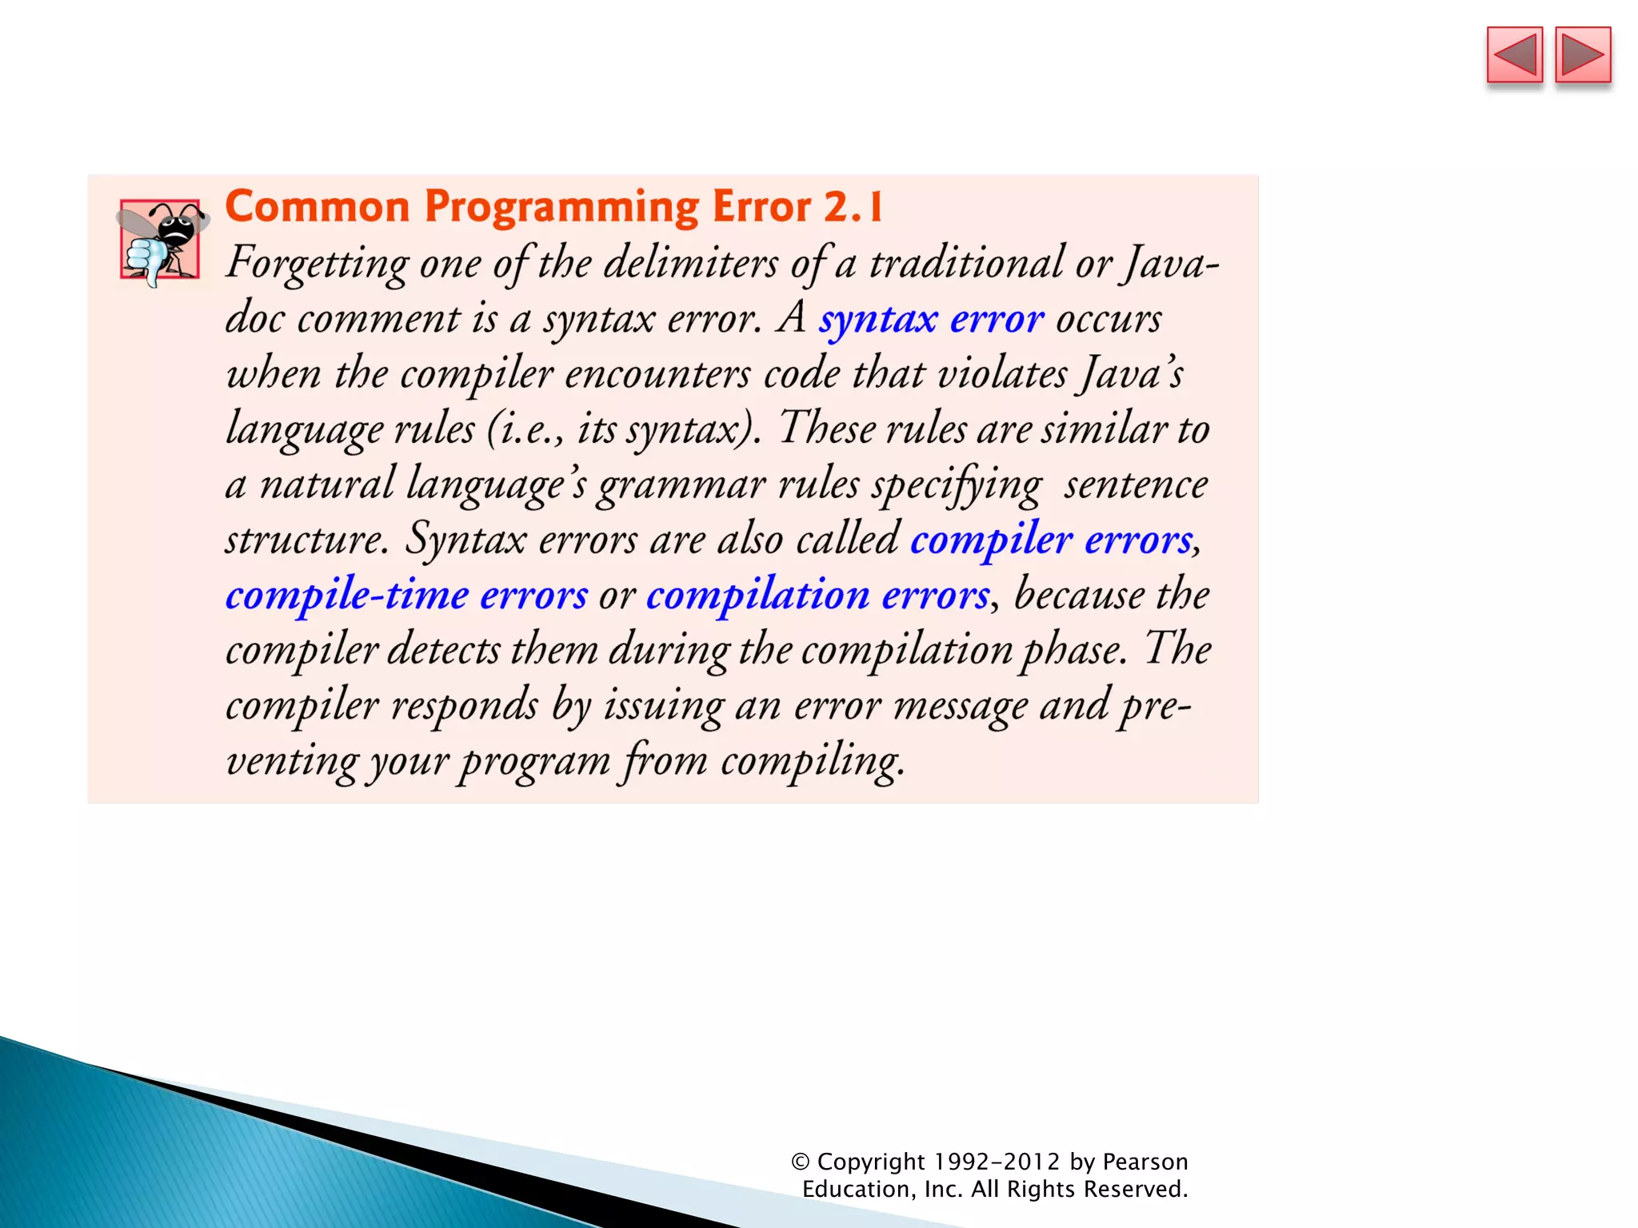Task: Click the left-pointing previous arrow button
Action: [1514, 55]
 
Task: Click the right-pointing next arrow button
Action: [1583, 55]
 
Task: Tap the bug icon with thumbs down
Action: [160, 241]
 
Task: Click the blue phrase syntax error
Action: [930, 319]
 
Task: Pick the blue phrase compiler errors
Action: [1051, 540]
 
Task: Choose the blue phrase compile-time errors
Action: [406, 596]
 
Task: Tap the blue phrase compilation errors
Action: [817, 596]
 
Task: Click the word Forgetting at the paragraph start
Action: [317, 264]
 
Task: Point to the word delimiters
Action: [689, 264]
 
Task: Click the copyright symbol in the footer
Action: [801, 1162]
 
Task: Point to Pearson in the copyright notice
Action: [1145, 1162]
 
